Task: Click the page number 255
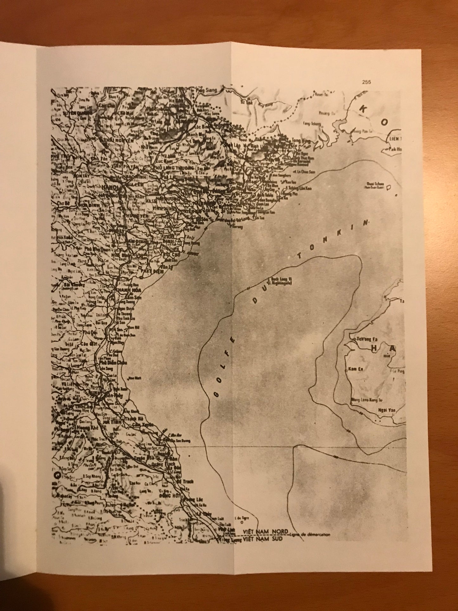pyautogui.click(x=366, y=82)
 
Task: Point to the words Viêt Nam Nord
pyautogui.click(x=266, y=531)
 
